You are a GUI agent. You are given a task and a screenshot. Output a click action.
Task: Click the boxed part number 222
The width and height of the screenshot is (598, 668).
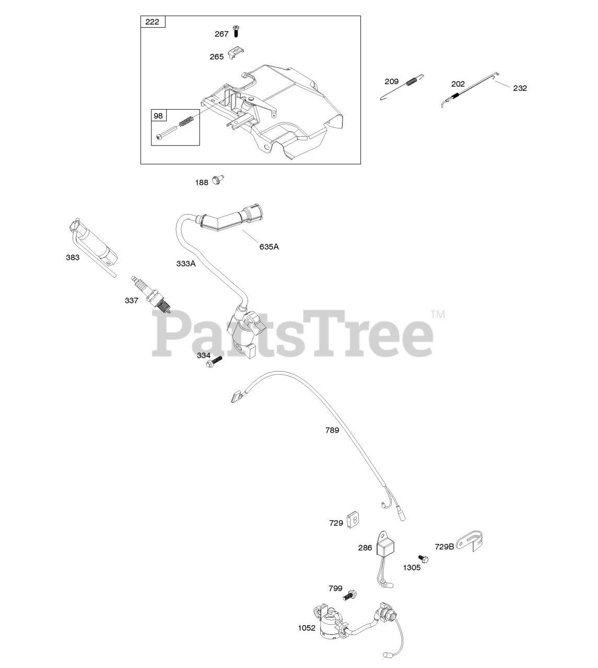pyautogui.click(x=153, y=22)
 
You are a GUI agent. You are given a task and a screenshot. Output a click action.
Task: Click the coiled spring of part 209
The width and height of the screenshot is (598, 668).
pyautogui.click(x=413, y=82)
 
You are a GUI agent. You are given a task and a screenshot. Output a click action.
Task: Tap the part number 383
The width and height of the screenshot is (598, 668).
pyautogui.click(x=73, y=257)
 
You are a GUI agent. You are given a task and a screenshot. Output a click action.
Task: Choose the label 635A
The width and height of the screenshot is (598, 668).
pyautogui.click(x=269, y=246)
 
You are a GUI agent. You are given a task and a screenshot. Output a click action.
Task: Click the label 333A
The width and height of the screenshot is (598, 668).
pyautogui.click(x=185, y=264)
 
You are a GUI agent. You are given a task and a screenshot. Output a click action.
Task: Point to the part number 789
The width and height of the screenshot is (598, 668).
pyautogui.click(x=332, y=431)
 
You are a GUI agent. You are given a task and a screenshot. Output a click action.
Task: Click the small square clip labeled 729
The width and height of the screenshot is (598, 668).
pyautogui.click(x=355, y=520)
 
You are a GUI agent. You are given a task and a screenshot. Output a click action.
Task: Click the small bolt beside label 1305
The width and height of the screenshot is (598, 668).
pyautogui.click(x=424, y=559)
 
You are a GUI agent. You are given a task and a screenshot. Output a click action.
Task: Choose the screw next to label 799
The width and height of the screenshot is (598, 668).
pyautogui.click(x=350, y=594)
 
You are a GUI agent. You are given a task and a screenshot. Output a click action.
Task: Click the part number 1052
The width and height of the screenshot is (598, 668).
pyautogui.click(x=307, y=628)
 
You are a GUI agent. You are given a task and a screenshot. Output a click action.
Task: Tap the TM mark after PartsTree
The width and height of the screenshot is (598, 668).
pyautogui.click(x=437, y=314)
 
